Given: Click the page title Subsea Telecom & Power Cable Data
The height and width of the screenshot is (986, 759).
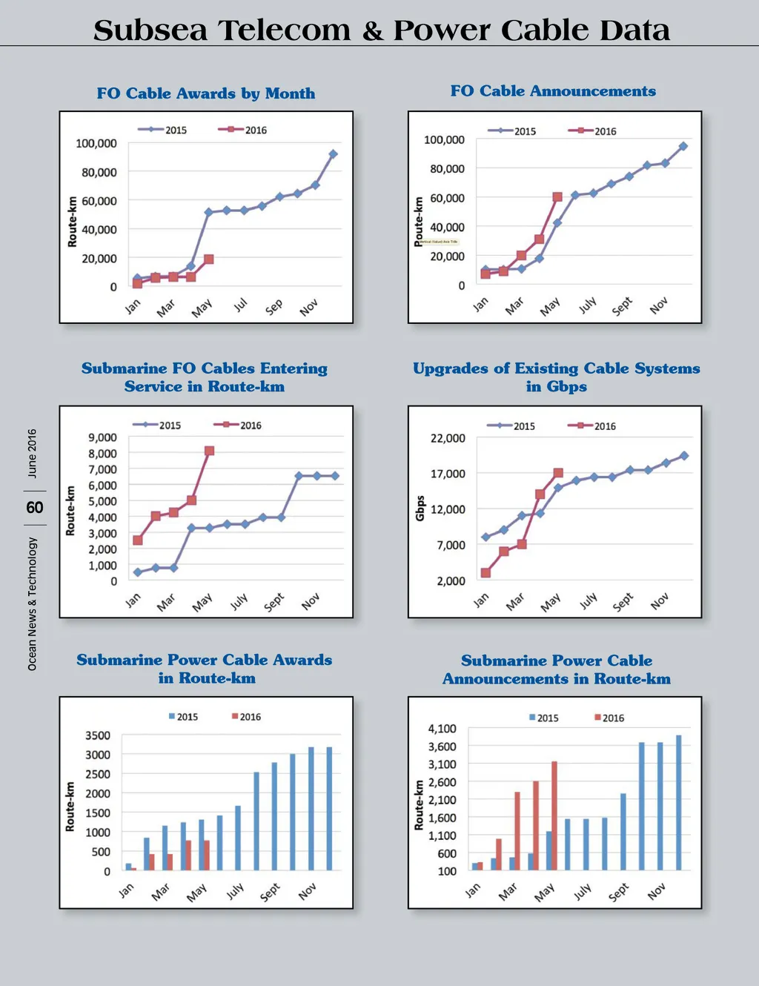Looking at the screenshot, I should coord(381,30).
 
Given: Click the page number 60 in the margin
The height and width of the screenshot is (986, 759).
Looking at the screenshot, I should coord(35,508).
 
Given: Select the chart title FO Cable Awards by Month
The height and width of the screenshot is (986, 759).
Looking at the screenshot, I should coord(206,93).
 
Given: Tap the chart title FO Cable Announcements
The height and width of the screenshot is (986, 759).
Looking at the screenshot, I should coord(553,91).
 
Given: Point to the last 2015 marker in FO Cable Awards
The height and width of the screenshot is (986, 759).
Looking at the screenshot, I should coord(333,154).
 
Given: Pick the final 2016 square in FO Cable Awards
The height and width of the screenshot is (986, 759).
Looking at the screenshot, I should coord(209,259).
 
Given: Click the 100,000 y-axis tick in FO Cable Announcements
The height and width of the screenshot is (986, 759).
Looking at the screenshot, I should coord(444,139).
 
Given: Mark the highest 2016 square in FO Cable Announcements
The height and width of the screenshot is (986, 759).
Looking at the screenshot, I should coord(557,197).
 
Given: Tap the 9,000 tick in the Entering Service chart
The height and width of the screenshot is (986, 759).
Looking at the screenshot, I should coord(102,437).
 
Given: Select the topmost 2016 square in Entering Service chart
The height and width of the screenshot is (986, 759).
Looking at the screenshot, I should coord(209,451).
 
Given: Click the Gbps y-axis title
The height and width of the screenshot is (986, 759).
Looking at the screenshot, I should coord(420,509).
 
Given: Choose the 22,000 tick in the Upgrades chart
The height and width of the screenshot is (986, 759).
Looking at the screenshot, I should coord(448,438).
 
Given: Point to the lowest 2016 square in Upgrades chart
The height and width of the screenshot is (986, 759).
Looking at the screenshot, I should coord(485,573).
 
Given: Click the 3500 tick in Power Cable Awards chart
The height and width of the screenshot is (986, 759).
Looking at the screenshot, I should coord(98,735).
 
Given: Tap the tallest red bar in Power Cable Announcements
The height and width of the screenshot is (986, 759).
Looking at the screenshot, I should coord(554,815).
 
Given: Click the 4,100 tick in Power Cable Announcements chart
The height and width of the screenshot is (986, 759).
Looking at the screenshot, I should coord(442,729).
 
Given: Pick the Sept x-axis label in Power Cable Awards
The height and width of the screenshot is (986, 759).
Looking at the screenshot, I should coord(270,891).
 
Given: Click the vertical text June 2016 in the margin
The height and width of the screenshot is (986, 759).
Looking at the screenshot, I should coord(32,453).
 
